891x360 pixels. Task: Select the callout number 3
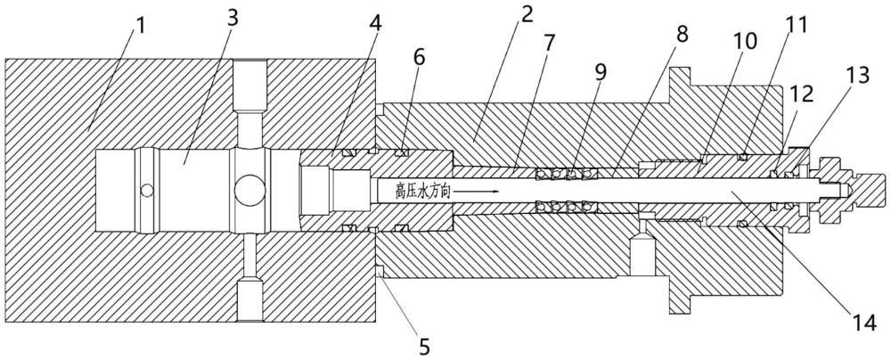pos(233,18)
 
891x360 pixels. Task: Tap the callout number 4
pos(376,22)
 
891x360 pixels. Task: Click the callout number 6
pos(420,58)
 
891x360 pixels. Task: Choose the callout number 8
pos(682,34)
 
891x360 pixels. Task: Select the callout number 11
pos(796,25)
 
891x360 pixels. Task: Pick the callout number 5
pos(424,347)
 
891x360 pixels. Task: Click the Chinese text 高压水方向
pos(422,192)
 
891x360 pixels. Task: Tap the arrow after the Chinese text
pos(476,192)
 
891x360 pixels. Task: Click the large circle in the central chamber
pos(249,191)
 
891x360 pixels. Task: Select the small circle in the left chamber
pos(147,191)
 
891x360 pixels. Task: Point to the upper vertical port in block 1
pos(250,103)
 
